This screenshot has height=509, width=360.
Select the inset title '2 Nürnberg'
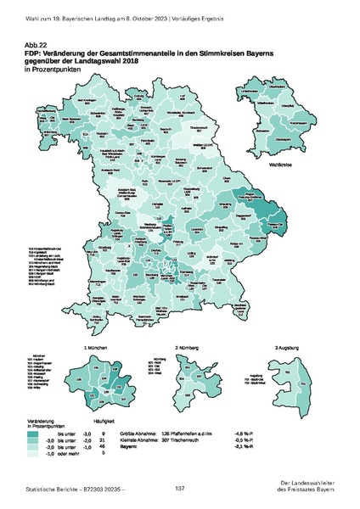click(188, 349)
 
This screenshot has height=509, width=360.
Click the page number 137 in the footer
click(180, 489)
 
